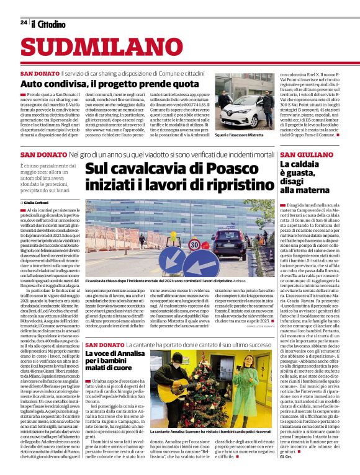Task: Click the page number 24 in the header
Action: [23, 22]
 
